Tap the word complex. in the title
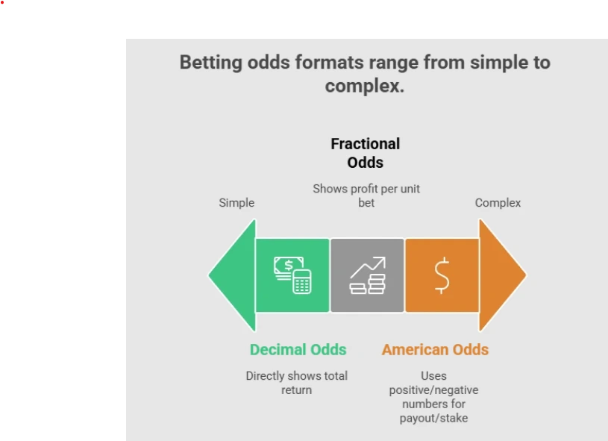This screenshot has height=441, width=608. (x=365, y=86)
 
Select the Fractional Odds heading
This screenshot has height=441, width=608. (x=366, y=153)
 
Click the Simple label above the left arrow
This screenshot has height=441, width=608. (x=236, y=203)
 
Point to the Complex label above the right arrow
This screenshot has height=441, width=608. (x=498, y=203)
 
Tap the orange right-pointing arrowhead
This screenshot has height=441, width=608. (x=501, y=275)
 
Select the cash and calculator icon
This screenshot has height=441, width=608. (x=292, y=275)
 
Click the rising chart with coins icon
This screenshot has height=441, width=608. (x=367, y=275)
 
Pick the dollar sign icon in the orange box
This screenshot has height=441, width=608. (x=442, y=275)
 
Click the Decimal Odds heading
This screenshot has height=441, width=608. (x=298, y=350)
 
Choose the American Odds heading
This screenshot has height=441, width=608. (x=435, y=350)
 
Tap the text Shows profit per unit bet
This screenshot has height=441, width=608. (x=366, y=196)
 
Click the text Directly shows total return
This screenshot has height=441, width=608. (x=296, y=383)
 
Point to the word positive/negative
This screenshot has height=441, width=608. (x=433, y=390)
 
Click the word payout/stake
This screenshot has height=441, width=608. (x=433, y=418)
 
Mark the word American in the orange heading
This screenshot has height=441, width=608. (x=414, y=350)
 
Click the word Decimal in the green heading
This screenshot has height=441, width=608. (x=278, y=350)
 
